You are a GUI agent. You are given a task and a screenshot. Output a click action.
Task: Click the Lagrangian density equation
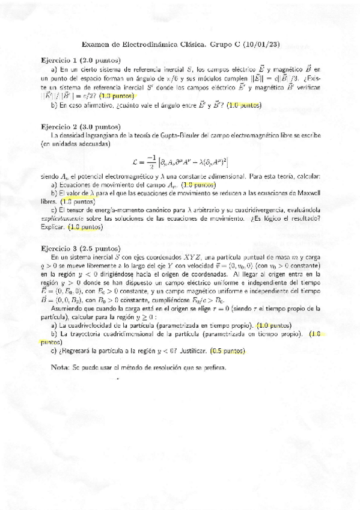(180, 161)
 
